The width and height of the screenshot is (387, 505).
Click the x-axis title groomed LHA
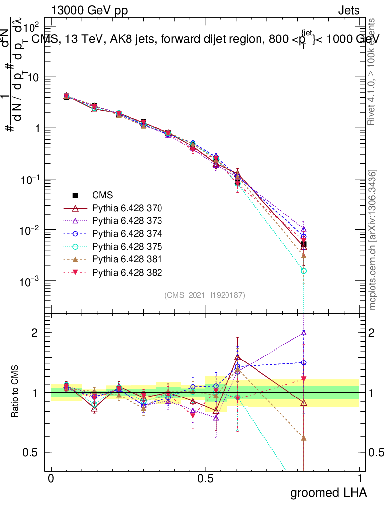(328, 492)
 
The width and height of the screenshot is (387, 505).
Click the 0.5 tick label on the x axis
(205, 479)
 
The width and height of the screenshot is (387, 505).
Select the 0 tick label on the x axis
(51, 479)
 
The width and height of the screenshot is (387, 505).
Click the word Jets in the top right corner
(349, 10)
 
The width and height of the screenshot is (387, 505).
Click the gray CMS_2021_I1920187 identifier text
(205, 295)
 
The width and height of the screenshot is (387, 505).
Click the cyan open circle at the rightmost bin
(304, 271)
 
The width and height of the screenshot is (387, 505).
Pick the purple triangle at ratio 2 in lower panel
(304, 333)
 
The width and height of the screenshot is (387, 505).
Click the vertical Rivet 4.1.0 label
(373, 72)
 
